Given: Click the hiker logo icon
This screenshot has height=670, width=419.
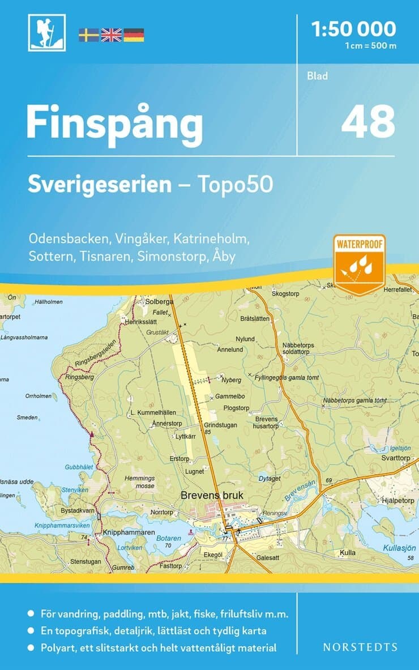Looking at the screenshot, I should (x=47, y=33).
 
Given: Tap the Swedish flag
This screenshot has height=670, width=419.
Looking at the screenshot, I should (x=88, y=35).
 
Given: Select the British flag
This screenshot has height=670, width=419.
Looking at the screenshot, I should (x=111, y=35).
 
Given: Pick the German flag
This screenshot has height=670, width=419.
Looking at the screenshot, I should (x=134, y=35).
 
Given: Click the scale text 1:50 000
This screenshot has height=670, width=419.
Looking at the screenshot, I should (x=354, y=28).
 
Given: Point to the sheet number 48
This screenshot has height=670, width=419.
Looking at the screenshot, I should (x=367, y=121).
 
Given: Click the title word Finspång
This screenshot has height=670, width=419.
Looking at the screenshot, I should (x=114, y=124).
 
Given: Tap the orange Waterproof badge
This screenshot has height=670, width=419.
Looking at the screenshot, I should (x=359, y=264).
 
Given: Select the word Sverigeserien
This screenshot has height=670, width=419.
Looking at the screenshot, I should (x=100, y=185).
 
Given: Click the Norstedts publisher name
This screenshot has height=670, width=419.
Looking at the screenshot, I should (x=360, y=647).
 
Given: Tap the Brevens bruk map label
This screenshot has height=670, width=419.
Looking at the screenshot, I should (x=212, y=495).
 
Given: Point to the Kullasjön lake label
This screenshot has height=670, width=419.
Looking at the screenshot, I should (x=399, y=548).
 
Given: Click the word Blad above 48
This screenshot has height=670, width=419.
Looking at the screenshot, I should (x=318, y=76).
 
